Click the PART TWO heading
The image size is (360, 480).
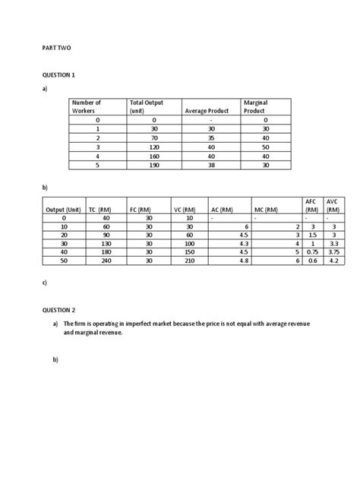[x=55, y=47]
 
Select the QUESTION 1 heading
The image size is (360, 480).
[x=59, y=75]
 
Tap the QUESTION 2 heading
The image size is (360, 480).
[x=59, y=310]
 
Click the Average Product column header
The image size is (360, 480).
[x=207, y=111]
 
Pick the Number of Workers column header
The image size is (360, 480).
[x=86, y=106]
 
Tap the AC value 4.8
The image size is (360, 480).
[x=243, y=259]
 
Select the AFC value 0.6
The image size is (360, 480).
[x=310, y=259]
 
